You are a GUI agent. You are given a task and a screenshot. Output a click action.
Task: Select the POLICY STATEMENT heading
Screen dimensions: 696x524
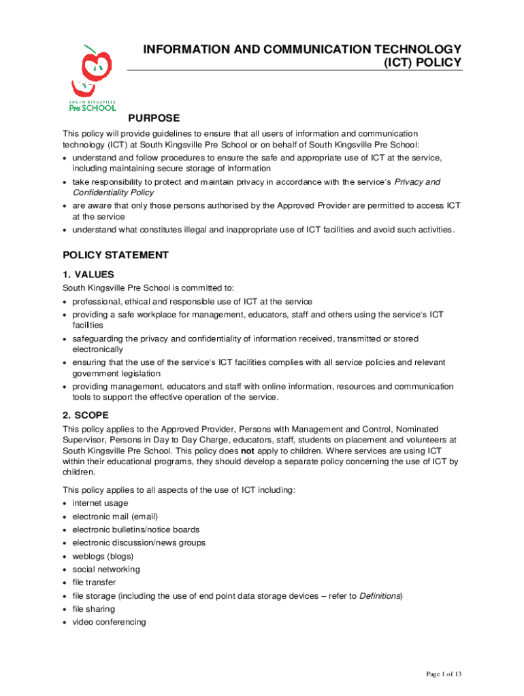pyautogui.click(x=115, y=255)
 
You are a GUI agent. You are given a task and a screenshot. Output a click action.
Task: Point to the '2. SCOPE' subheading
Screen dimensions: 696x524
pyautogui.click(x=86, y=415)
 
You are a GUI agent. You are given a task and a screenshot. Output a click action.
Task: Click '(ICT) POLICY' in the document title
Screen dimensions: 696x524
pyautogui.click(x=423, y=63)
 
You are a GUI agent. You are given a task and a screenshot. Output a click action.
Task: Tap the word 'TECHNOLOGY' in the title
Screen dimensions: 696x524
pyautogui.click(x=410, y=49)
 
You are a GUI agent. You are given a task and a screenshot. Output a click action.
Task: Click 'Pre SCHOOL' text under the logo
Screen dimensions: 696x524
pyautogui.click(x=93, y=107)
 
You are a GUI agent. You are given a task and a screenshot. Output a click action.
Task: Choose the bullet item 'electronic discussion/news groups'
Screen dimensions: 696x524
pyautogui.click(x=139, y=543)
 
